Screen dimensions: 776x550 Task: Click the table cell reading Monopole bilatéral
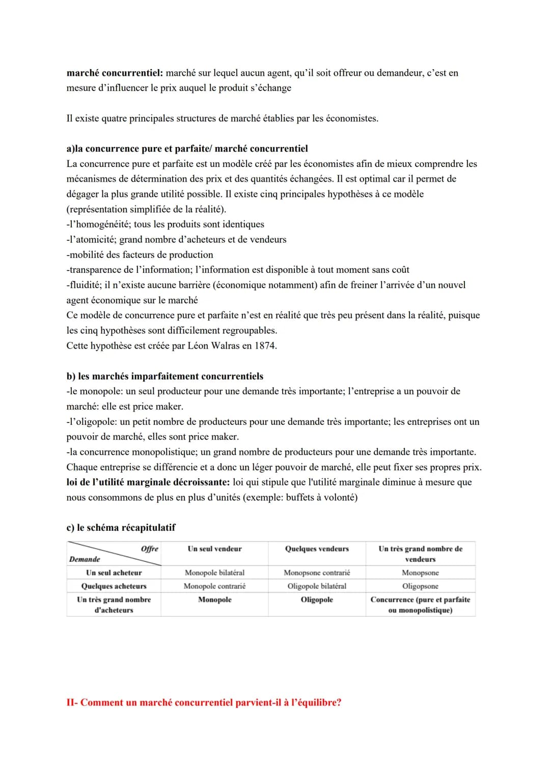pyautogui.click(x=214, y=572)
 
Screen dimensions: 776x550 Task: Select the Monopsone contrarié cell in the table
pyautogui.click(x=317, y=572)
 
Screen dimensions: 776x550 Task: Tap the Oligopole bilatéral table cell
pyautogui.click(x=317, y=586)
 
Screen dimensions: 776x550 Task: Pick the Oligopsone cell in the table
pyautogui.click(x=420, y=586)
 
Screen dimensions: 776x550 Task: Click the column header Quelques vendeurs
pyautogui.click(x=317, y=549)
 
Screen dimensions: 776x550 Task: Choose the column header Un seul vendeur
pyautogui.click(x=214, y=549)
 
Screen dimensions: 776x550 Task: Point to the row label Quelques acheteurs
pyautogui.click(x=114, y=586)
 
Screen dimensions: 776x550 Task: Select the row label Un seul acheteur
pyautogui.click(x=114, y=572)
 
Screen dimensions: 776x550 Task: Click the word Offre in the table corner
pyautogui.click(x=149, y=549)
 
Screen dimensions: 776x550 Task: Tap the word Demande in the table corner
pyautogui.click(x=85, y=559)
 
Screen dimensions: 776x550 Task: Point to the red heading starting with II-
pyautogui.click(x=204, y=702)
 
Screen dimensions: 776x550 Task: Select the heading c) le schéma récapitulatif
pyautogui.click(x=121, y=527)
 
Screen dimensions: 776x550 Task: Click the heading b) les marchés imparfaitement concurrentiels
pyautogui.click(x=164, y=376)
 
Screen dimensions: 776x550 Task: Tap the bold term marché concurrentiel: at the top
pyautogui.click(x=115, y=73)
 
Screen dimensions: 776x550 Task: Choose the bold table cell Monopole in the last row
pyautogui.click(x=214, y=599)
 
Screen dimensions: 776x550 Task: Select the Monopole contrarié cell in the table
pyautogui.click(x=214, y=586)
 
